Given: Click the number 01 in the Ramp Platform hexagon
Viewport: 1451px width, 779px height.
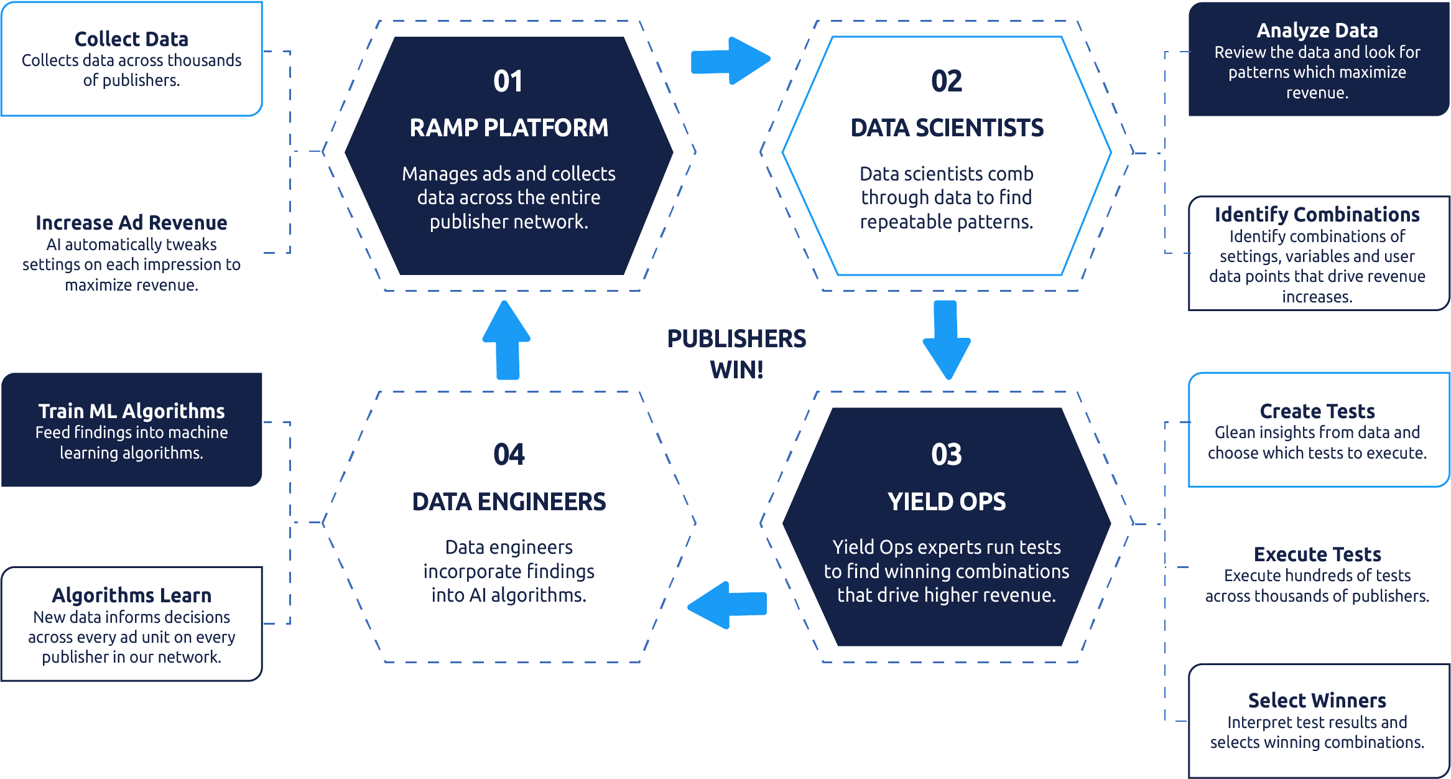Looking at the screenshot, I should (x=508, y=82).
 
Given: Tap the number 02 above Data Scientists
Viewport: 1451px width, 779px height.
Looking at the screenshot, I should (x=946, y=82).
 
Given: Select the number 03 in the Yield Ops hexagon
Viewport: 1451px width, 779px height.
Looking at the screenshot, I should (x=946, y=455).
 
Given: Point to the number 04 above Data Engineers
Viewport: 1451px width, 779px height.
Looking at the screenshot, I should (x=509, y=455).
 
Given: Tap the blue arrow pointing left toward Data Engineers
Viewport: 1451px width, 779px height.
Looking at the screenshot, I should (x=727, y=604).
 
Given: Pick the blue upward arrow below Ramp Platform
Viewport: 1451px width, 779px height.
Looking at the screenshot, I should (x=507, y=340).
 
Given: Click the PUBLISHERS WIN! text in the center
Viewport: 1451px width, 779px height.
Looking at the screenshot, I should (x=736, y=354).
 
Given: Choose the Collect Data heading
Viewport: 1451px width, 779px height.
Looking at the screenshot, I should (x=131, y=39).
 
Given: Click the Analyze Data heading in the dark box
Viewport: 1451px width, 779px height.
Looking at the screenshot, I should (x=1317, y=30).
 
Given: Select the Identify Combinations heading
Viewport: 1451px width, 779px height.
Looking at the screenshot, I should (x=1317, y=215).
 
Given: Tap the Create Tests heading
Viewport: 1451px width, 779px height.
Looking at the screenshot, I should (x=1317, y=411).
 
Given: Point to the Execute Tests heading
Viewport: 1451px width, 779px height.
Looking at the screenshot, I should (x=1317, y=554).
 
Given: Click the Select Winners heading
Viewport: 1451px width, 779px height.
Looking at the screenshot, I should (x=1317, y=701).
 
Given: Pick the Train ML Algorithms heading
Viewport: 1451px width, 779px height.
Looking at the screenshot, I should (x=131, y=411).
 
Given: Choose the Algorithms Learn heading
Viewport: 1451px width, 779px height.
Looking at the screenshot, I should (x=131, y=595).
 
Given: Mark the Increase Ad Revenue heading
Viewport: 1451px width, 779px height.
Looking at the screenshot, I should (x=131, y=223).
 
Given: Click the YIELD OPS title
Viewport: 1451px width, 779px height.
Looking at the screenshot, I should (x=946, y=502).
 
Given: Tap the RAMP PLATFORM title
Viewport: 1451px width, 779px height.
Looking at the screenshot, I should (x=509, y=128).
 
